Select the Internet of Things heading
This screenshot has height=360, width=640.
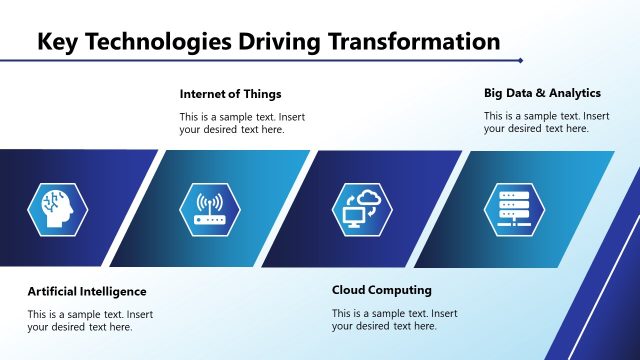230,94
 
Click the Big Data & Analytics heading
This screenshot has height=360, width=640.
542,93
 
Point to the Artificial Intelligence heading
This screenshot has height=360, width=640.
87,291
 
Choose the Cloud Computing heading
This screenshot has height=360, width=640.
382,290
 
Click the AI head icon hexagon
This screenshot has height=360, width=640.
58,209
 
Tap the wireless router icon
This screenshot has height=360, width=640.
210,209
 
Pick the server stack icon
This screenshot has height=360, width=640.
513,209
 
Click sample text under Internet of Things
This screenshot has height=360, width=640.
242,123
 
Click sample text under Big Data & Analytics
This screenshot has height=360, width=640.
546,122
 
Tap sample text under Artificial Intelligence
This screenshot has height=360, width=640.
90,320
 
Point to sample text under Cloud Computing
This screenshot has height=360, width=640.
394,319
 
